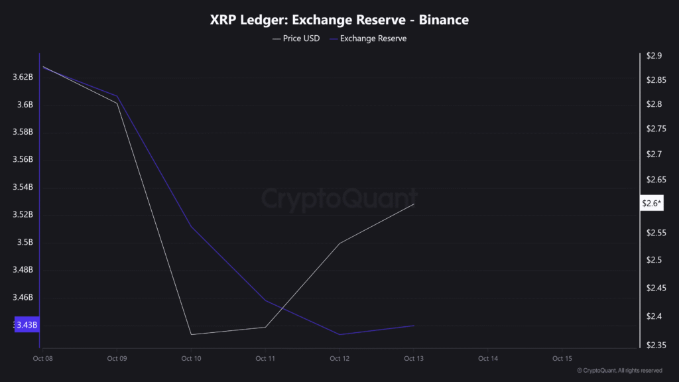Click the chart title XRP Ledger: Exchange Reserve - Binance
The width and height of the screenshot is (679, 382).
(x=339, y=20)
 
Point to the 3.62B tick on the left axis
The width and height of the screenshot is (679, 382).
(x=23, y=77)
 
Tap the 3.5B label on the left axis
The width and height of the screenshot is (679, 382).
(x=25, y=242)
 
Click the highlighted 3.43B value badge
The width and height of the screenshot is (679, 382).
(x=26, y=324)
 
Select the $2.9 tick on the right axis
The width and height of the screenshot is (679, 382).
(x=653, y=56)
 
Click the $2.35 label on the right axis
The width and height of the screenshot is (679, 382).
(x=656, y=345)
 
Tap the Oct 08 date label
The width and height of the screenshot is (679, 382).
(x=42, y=358)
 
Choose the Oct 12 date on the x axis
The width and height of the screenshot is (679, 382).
(x=339, y=358)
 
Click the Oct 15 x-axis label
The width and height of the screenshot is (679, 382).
(x=562, y=358)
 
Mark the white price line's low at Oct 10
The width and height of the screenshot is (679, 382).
(x=192, y=334)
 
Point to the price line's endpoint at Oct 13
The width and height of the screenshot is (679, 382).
(x=414, y=204)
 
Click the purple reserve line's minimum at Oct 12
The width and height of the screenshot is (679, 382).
(x=339, y=334)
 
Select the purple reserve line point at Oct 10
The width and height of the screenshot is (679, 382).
(x=192, y=227)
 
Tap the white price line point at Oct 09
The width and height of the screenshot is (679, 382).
(x=117, y=103)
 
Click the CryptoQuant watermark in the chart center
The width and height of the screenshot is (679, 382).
(x=339, y=198)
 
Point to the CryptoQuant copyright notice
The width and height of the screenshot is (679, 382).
(x=619, y=371)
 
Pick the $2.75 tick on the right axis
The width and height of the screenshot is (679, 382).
(x=656, y=129)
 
